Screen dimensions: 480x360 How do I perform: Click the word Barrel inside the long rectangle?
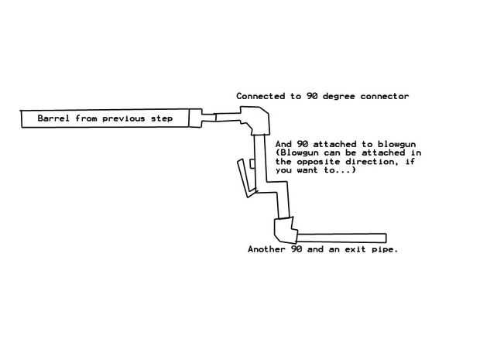(x=54, y=119)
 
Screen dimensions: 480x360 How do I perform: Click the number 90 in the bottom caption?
(x=298, y=249)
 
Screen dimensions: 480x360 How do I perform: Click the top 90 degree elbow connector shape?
(x=258, y=122)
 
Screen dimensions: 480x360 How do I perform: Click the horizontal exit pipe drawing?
(x=341, y=237)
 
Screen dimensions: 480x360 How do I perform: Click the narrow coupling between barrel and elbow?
(x=207, y=119)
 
